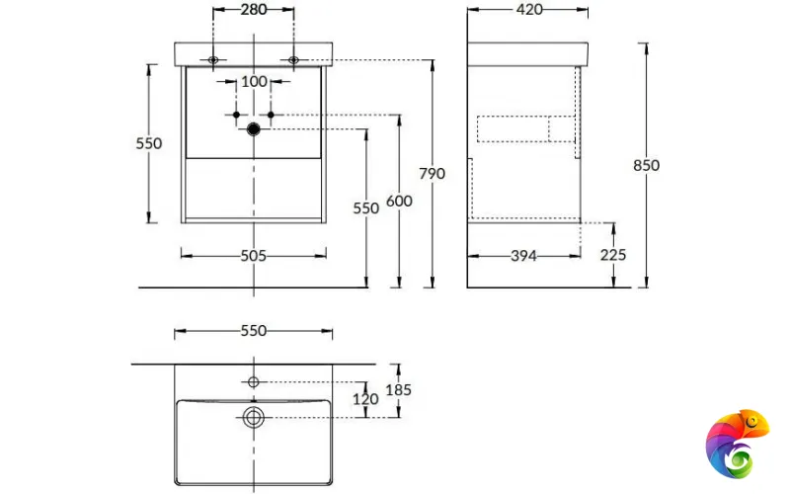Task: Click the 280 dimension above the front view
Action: pos(254,10)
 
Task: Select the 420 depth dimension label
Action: pos(528,10)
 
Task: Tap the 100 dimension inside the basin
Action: pos(254,81)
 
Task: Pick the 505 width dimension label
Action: pos(254,256)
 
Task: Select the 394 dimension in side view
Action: pos(523,256)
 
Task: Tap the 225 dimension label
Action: pos(612,255)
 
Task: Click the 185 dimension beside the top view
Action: pos(398,389)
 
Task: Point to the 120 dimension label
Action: pos(366,400)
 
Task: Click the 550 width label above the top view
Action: pos(254,331)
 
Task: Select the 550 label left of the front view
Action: pos(148,143)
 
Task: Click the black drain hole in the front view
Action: pos(254,128)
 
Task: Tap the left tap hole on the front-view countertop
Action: pos(213,61)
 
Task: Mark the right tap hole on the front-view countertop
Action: pos(294,61)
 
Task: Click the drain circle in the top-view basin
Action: pos(254,418)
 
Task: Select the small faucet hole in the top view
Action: pos(254,381)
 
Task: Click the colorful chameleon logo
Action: pos(736,445)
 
